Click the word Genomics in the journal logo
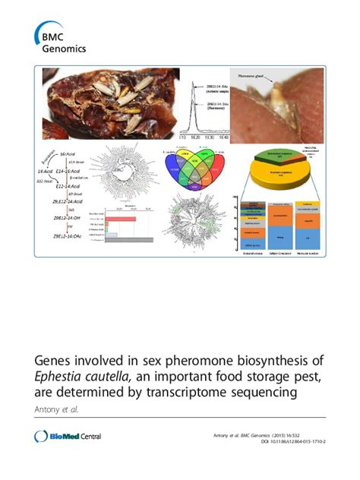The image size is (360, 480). pos(65,48)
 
